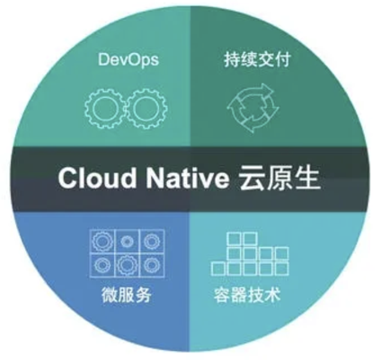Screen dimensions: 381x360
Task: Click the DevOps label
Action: (x=128, y=59)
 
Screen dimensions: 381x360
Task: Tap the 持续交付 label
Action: (x=257, y=60)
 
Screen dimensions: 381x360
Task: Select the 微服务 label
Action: (x=126, y=295)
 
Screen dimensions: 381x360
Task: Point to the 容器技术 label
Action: (x=247, y=295)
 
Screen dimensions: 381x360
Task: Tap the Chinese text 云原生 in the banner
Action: (x=279, y=179)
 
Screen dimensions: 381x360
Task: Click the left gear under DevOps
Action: (x=105, y=109)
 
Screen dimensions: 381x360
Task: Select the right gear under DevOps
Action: (x=146, y=109)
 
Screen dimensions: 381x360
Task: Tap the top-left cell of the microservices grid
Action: (x=102, y=241)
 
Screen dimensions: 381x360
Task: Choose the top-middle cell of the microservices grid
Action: (x=127, y=241)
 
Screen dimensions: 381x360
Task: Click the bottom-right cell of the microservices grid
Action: (x=152, y=265)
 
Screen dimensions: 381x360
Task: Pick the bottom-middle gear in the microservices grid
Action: (x=127, y=265)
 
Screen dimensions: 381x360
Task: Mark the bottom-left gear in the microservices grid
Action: (x=102, y=265)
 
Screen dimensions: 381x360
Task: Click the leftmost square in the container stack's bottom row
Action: (x=218, y=268)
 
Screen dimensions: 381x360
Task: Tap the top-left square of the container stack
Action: (x=235, y=239)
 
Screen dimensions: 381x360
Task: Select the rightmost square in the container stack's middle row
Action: (x=281, y=253)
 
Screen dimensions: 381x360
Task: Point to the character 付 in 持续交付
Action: (x=282, y=60)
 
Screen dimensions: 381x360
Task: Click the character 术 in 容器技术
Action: (x=273, y=295)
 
